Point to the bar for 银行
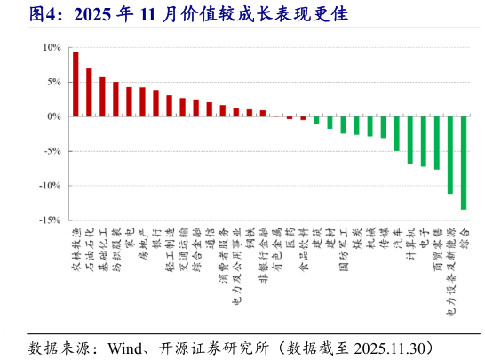tap(156, 103)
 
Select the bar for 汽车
tap(396, 133)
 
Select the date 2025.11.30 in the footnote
tap(397, 345)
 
